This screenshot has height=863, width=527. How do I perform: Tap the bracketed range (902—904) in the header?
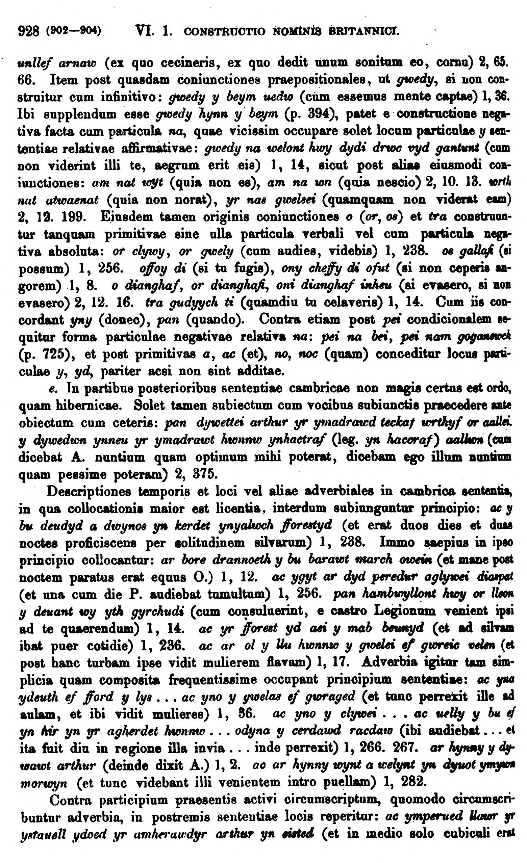coord(74,32)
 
